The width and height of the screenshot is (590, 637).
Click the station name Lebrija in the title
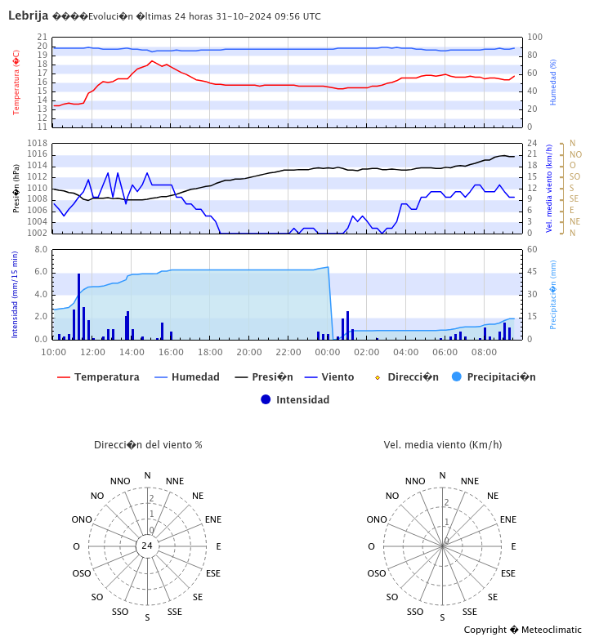(28, 16)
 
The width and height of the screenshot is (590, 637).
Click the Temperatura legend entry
(106, 377)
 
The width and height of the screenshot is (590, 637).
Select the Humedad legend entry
(195, 377)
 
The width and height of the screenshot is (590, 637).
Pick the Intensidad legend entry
(302, 400)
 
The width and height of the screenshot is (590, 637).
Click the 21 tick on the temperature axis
(42, 38)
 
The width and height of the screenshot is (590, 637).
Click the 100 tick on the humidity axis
(535, 38)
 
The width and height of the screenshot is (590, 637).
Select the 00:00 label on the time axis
(328, 352)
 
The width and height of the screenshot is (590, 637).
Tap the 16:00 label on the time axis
(171, 352)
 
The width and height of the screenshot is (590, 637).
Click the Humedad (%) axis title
(553, 82)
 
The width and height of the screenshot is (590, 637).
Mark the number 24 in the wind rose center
(147, 546)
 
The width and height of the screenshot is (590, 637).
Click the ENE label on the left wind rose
(212, 519)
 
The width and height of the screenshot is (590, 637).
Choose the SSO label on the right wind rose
(415, 612)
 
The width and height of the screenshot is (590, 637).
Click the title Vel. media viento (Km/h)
(443, 445)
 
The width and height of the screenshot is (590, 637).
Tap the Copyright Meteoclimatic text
(523, 630)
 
